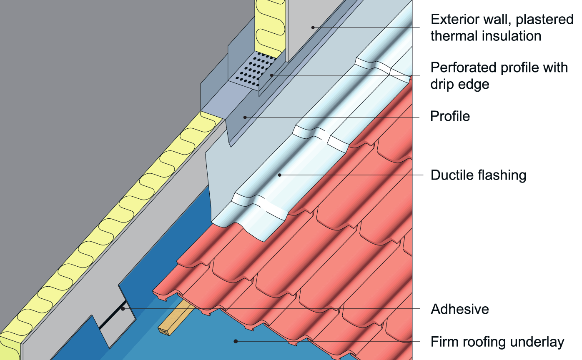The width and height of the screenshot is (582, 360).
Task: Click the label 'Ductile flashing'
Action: pos(478,175)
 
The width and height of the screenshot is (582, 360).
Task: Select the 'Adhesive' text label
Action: pos(459,309)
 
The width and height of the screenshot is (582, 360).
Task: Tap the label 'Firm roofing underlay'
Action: pos(497,342)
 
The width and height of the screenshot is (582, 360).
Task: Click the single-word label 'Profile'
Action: pos(450,116)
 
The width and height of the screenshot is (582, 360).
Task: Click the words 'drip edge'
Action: pos(459,84)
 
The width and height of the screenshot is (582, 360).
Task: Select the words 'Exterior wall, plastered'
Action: pos(502,19)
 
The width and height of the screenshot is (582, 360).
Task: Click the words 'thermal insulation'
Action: pos(486,36)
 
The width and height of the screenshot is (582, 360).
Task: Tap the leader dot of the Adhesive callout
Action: pos(123,309)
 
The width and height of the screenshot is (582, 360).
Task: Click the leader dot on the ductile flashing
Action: pos(280,175)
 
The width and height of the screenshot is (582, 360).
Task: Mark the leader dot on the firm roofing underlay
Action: pos(236,341)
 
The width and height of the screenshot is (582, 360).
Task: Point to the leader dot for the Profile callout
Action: pos(245,117)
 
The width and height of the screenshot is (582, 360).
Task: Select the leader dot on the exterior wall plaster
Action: pos(313,27)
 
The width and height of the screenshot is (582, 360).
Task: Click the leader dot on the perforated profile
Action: pos(271,75)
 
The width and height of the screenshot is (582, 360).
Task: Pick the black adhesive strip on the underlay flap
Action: pos(112,314)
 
